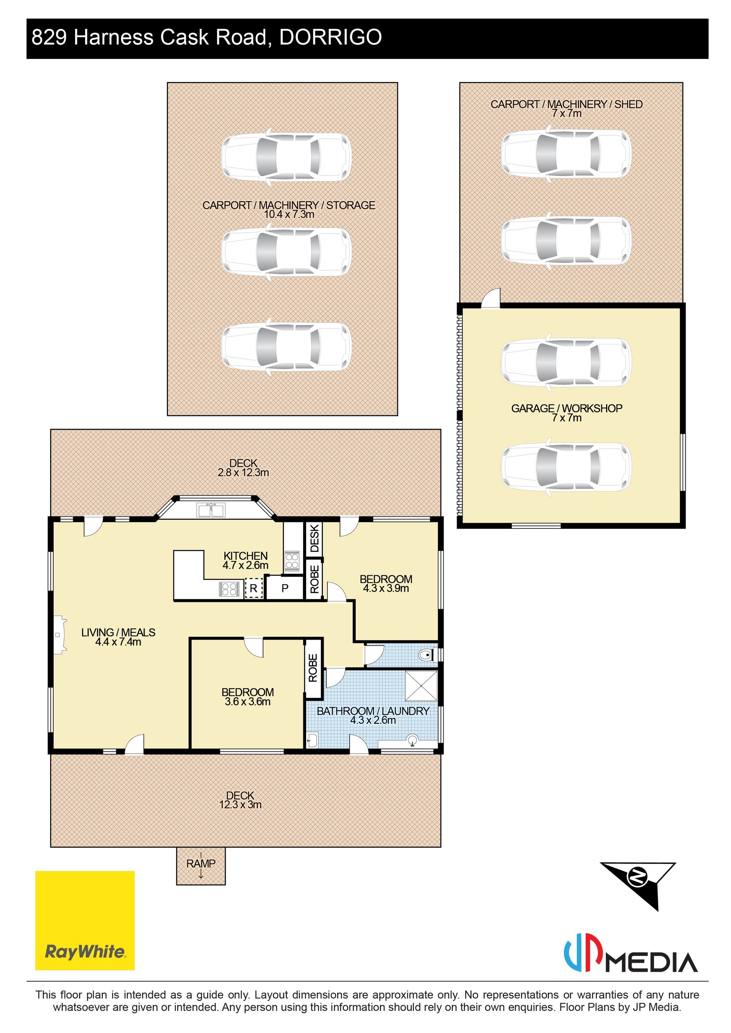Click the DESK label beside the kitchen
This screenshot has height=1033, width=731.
click(x=314, y=538)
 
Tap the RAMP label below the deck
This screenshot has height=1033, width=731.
click(x=201, y=863)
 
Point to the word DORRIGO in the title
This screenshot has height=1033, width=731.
click(x=331, y=37)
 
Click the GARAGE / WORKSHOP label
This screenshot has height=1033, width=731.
click(x=567, y=408)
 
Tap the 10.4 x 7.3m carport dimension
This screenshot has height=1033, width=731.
click(x=289, y=215)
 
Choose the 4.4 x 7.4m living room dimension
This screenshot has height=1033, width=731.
click(x=118, y=642)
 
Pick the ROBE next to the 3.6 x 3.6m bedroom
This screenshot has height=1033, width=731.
click(x=313, y=668)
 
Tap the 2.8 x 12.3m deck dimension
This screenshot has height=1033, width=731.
click(x=243, y=473)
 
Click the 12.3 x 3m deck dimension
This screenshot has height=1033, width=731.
click(x=240, y=804)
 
